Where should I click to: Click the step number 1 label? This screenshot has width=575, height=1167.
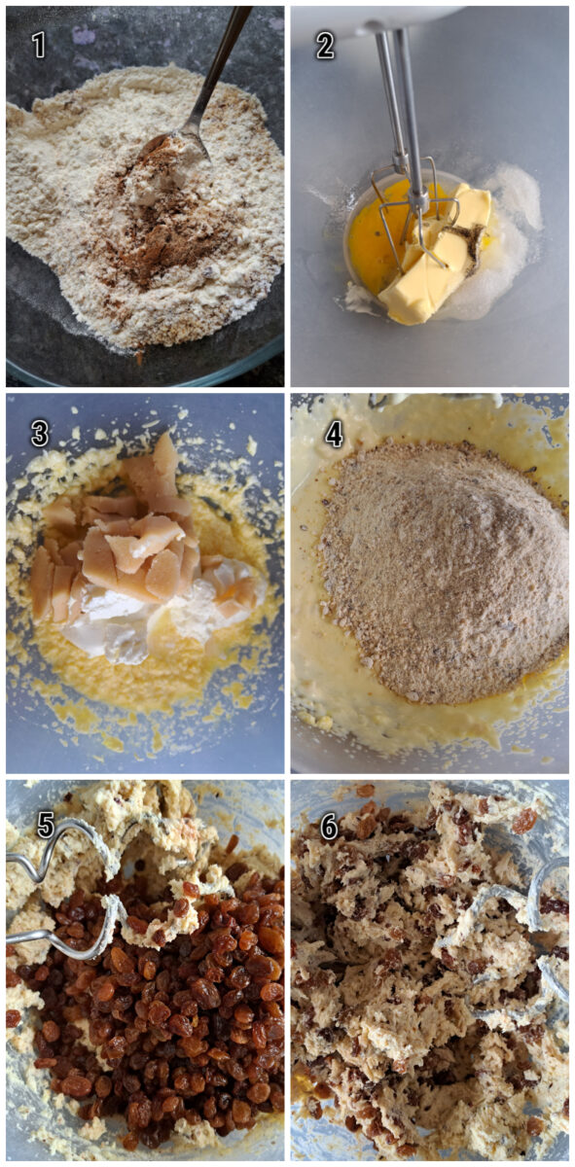(x=39, y=44)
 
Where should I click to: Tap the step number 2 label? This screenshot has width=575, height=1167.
(x=325, y=45)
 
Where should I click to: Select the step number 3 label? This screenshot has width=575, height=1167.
(x=39, y=434)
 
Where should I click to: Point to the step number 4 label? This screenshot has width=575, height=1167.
(x=334, y=434)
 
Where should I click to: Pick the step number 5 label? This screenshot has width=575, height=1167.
(x=45, y=825)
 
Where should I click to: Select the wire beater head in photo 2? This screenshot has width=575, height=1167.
(x=413, y=219)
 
